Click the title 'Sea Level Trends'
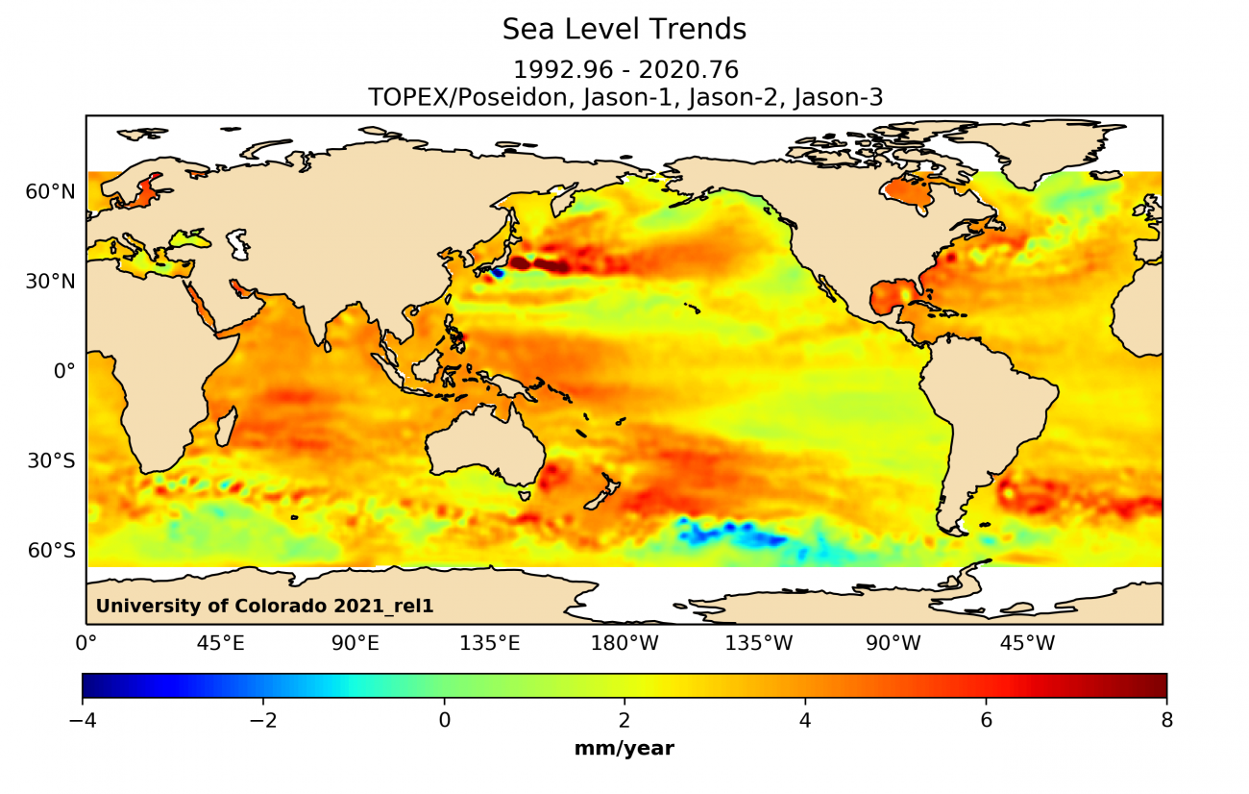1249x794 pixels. [x=624, y=30]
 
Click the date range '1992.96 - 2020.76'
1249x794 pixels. [x=624, y=70]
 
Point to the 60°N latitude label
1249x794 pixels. [x=50, y=192]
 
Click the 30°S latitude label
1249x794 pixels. [x=51, y=461]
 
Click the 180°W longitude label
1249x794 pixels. [x=624, y=642]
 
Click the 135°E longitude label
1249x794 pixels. [x=489, y=642]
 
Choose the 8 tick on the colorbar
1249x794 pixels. [x=1166, y=720]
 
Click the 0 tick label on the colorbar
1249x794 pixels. [x=444, y=720]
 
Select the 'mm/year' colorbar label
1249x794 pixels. [x=624, y=749]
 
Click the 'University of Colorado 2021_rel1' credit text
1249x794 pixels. [x=271, y=606]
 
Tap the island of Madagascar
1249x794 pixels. [x=225, y=426]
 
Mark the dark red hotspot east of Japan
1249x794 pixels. [x=538, y=263]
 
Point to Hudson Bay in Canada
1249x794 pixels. [x=908, y=193]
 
